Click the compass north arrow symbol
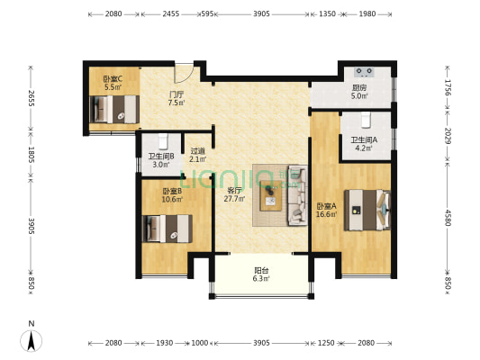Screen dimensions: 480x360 (32, 340)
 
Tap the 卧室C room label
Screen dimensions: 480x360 (113, 79)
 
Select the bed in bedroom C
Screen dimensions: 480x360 (114, 109)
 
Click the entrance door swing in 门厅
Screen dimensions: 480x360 (184, 73)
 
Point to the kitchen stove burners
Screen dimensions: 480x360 (365, 72)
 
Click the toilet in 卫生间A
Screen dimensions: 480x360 (366, 120)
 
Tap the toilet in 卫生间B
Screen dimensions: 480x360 (163, 141)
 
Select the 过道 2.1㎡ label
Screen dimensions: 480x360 (198, 155)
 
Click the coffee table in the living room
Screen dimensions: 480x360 (270, 196)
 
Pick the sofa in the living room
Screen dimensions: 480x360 (297, 195)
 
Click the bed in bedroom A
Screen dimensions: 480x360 (367, 210)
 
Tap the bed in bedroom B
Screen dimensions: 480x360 (168, 229)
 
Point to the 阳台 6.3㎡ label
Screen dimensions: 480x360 (261, 274)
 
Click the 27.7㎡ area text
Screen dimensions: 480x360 (234, 199)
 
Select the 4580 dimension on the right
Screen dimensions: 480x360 (448, 218)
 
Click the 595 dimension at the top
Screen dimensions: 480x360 (207, 13)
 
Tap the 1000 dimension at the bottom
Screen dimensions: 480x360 (200, 343)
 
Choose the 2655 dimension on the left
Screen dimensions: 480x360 (31, 98)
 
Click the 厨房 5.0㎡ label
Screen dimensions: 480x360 (359, 92)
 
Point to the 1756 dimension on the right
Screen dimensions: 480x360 (448, 87)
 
